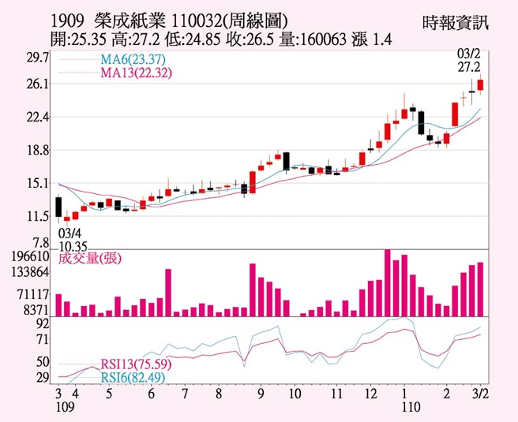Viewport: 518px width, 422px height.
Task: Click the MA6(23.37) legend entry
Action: point(132,62)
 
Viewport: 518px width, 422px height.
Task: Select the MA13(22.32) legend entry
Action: point(136,73)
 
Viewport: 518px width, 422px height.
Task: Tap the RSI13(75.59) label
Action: point(133,364)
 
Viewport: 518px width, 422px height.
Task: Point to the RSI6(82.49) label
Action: point(129,378)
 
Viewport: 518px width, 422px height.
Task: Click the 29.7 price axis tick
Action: point(37,58)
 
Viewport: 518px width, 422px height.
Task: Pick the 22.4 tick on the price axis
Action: point(37,118)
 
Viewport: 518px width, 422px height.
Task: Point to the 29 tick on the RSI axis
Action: point(43,378)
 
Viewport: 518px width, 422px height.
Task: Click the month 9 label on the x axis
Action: point(259,393)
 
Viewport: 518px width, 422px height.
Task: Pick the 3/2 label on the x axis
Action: point(479,393)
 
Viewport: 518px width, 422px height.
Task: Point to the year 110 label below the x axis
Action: point(404,408)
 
